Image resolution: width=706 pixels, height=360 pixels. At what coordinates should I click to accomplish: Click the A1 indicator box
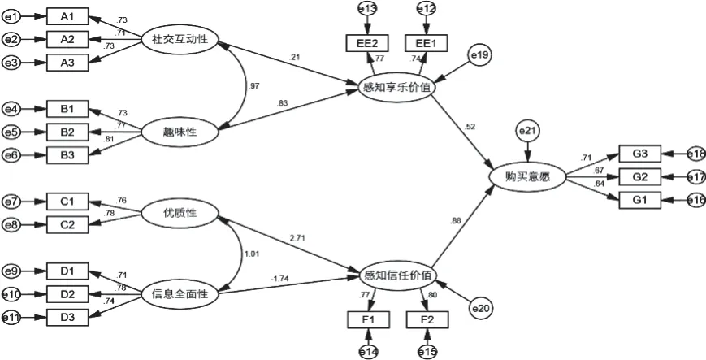pyautogui.click(x=67, y=17)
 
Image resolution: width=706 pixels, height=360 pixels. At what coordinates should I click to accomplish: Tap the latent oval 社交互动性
pyautogui.click(x=180, y=37)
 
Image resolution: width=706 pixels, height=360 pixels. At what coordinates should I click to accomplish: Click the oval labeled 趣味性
pyautogui.click(x=180, y=128)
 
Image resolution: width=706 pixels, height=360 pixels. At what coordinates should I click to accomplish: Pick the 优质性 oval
pyautogui.click(x=180, y=213)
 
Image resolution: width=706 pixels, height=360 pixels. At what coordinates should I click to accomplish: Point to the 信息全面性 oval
pyautogui.click(x=180, y=294)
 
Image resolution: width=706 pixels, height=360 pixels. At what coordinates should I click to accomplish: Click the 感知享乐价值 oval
pyautogui.click(x=398, y=86)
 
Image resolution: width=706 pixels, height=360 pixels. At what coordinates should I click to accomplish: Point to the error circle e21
pyautogui.click(x=528, y=131)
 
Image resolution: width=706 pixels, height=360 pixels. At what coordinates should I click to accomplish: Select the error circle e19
pyautogui.click(x=479, y=54)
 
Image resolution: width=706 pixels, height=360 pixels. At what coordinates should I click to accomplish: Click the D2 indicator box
pyautogui.click(x=67, y=293)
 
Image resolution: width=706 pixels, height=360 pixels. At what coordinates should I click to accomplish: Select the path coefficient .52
pyautogui.click(x=471, y=126)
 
